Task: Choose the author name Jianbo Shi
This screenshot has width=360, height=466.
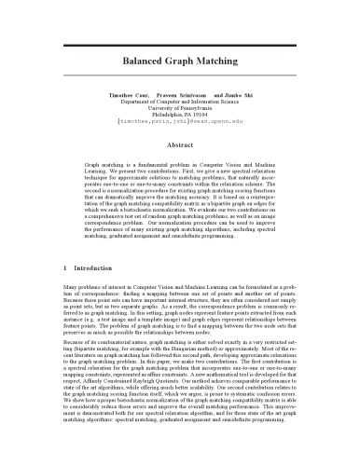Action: click(239, 97)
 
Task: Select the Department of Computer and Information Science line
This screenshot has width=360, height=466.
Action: click(180, 104)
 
